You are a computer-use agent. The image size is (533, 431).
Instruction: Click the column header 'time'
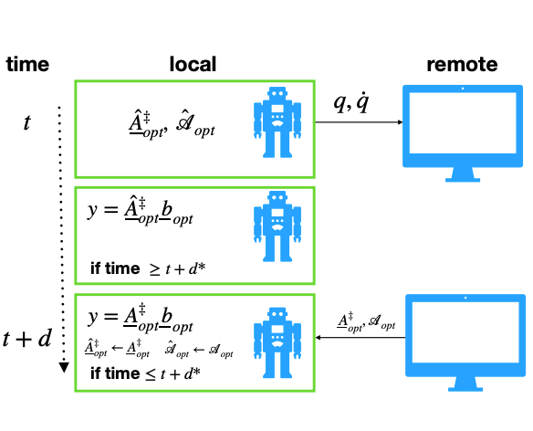27,65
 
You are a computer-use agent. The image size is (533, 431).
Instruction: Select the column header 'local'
193,65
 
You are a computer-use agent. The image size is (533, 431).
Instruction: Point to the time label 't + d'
29,339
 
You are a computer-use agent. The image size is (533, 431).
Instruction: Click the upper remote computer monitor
465,128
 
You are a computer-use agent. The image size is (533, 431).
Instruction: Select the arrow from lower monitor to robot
361,337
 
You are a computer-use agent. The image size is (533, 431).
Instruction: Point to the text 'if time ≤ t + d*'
145,375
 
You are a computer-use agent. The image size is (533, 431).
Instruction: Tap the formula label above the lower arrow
362,321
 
